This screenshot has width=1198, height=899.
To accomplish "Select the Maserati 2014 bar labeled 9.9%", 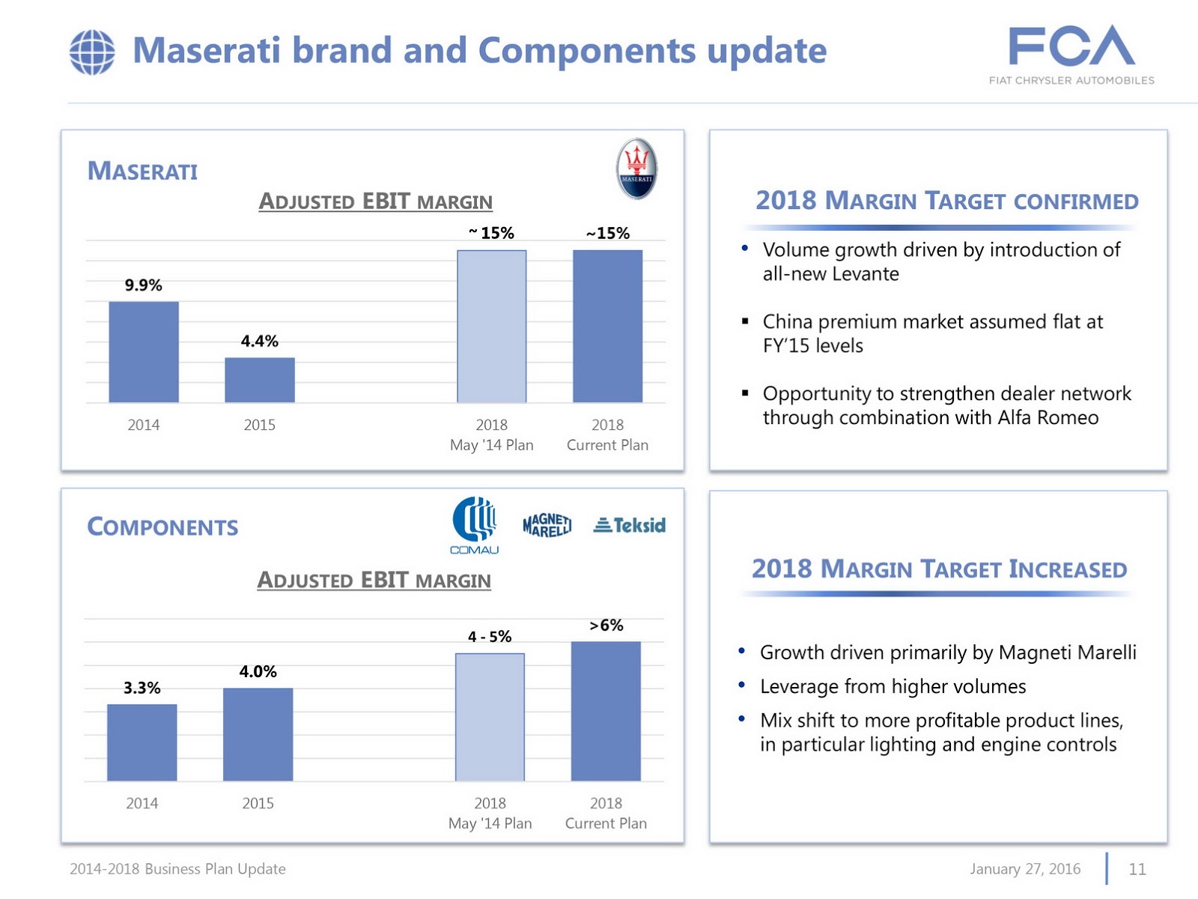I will pos(144,351).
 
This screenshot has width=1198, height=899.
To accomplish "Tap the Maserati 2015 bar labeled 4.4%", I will pos(260,380).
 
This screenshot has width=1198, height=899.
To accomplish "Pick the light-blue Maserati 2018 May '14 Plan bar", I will pos(492,326).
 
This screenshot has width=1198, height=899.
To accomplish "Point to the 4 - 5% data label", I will pos(490,637).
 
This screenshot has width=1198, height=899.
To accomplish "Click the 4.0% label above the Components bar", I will pos(258,671).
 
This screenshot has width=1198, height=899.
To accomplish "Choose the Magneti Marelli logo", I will pos(547,525).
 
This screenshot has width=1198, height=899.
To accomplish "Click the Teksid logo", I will pos(630,525).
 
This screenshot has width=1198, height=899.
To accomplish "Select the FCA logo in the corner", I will pos(1071,54).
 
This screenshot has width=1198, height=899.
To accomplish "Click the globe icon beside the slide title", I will pos(92,52).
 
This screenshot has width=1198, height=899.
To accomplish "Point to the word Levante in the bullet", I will pos(869,274).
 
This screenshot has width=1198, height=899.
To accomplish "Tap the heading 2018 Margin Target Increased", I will pos(939,569).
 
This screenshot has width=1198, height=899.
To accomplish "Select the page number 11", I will pos(1137,869).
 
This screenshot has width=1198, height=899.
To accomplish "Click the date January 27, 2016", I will pos(1025,869).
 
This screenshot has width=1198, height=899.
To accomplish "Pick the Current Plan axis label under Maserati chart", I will pos(607,445).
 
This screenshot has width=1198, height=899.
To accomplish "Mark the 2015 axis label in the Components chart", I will pos(258,803).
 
